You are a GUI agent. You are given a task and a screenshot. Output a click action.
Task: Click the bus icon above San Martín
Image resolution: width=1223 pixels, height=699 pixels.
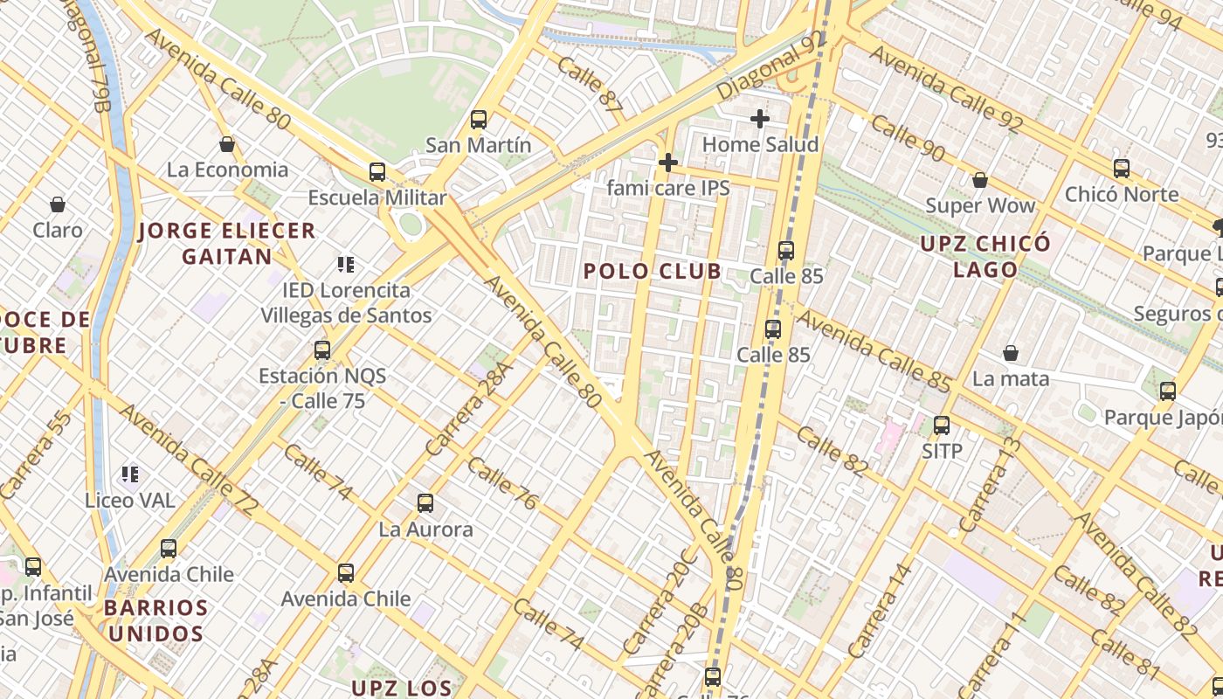478,120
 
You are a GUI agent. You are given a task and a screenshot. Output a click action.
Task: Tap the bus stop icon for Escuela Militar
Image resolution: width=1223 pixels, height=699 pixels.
377,172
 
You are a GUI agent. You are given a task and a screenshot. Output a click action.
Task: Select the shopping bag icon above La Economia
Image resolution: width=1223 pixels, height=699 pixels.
227,144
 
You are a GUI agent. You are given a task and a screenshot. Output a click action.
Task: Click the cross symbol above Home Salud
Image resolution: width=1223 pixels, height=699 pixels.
760,119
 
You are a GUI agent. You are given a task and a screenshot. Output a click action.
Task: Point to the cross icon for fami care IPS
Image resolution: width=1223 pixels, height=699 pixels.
668,163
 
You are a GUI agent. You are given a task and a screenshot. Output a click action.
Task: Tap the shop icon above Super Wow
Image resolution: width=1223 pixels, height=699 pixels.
980,181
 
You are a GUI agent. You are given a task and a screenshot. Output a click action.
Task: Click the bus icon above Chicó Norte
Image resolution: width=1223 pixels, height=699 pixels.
1122,169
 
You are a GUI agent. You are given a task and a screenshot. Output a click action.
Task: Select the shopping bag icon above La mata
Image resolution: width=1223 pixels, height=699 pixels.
1011,353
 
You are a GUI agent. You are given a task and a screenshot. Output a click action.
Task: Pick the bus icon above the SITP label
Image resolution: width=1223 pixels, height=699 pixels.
942,426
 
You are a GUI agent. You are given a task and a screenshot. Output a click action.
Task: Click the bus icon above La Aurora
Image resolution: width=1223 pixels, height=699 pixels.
425,503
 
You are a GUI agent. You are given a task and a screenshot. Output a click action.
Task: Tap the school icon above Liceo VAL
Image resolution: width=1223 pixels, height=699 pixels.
130,474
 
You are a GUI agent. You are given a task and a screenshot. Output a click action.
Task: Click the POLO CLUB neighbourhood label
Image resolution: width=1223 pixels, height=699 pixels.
653,271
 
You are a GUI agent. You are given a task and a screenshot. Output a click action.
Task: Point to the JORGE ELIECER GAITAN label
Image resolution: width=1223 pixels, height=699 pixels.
227,244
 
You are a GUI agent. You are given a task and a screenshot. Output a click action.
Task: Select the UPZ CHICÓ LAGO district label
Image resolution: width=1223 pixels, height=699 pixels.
985,256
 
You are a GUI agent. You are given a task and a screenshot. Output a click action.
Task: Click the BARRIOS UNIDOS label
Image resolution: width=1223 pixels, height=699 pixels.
156,620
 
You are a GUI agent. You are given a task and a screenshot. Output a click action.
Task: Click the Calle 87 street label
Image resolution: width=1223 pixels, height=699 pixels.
590,85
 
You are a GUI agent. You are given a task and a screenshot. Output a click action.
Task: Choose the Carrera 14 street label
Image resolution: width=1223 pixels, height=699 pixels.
881,611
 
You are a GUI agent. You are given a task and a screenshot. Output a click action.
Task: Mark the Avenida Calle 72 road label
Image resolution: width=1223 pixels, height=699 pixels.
188,459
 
